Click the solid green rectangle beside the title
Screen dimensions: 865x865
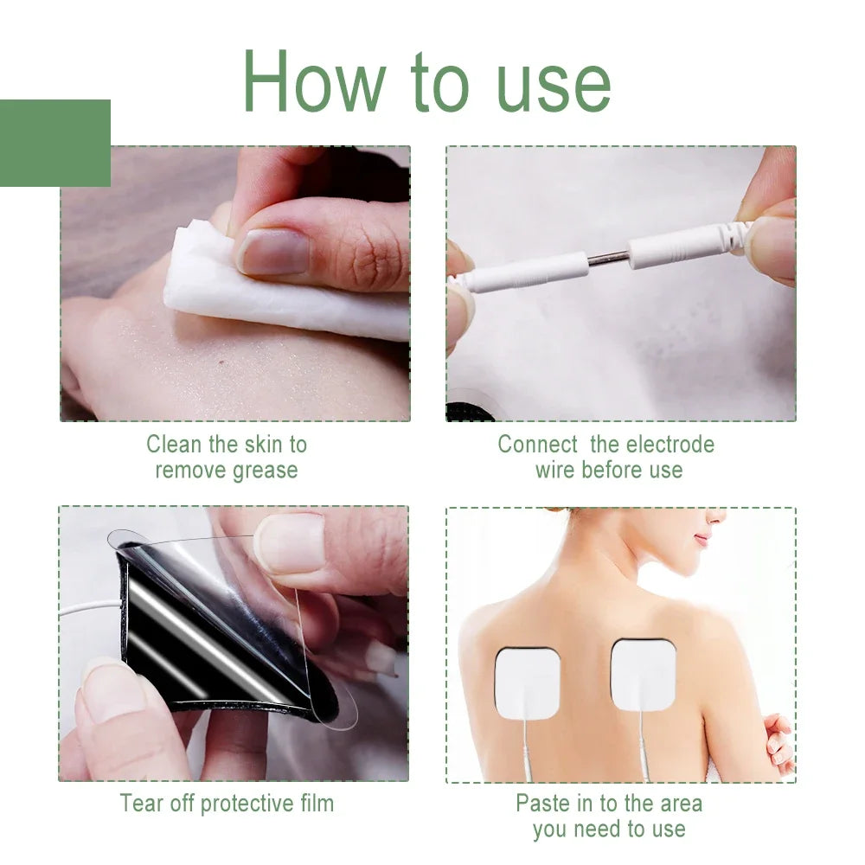click(54, 143)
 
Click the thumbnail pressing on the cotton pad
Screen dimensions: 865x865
click(274, 252)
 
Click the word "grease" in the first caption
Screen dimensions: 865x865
click(265, 471)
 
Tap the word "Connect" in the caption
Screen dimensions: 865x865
click(537, 445)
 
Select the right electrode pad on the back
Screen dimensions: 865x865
click(643, 675)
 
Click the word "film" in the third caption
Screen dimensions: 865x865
click(312, 804)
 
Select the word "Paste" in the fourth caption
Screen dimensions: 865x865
click(544, 804)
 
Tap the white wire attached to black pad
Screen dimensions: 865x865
click(86, 610)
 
